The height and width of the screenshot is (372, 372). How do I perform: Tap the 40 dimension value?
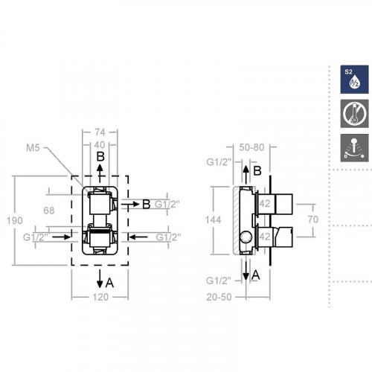click(x=99, y=145)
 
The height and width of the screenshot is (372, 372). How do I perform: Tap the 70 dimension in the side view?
click(x=314, y=219)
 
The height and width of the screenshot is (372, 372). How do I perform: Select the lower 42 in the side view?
click(x=264, y=239)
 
